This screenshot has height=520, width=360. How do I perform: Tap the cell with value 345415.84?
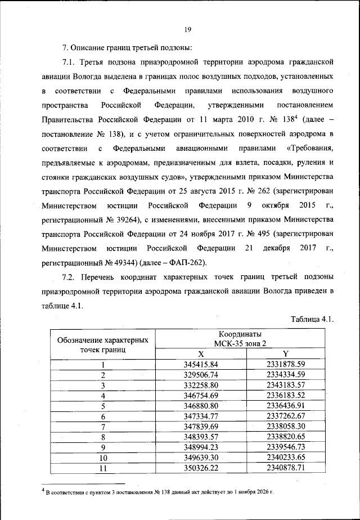pyautogui.click(x=201, y=365)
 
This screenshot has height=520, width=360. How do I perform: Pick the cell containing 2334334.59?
pyautogui.click(x=285, y=375)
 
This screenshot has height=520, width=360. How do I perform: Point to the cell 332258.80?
pyautogui.click(x=201, y=385)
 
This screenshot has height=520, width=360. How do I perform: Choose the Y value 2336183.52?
pyautogui.click(x=285, y=396)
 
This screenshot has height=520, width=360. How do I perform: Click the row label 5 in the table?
pyautogui.click(x=103, y=406)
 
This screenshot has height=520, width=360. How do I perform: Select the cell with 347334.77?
pyautogui.click(x=201, y=416)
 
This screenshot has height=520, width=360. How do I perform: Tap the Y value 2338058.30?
pyautogui.click(x=285, y=426)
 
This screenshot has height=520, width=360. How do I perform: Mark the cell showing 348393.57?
pyautogui.click(x=201, y=436)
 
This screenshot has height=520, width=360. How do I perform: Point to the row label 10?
pyautogui.click(x=103, y=457)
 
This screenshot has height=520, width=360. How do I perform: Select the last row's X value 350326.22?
pyautogui.click(x=201, y=467)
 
